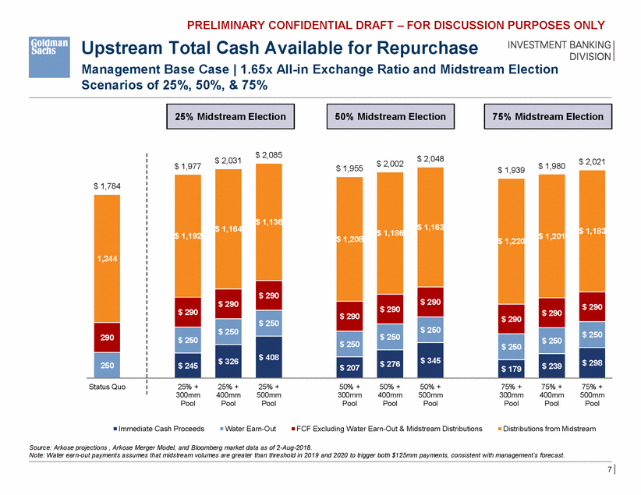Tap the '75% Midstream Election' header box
pyautogui.click(x=548, y=117)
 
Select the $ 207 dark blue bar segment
pyautogui.click(x=349, y=365)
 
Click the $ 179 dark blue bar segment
pyautogui.click(x=511, y=367)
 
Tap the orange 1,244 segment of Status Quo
pyautogui.click(x=107, y=258)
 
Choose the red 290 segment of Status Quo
pyautogui.click(x=107, y=338)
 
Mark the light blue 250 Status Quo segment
pyautogui.click(x=107, y=364)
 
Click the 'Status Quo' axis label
pyautogui.click(x=107, y=387)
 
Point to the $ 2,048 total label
pyautogui.click(x=430, y=158)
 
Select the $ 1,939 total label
pyautogui.click(x=511, y=170)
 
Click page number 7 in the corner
pyautogui.click(x=609, y=471)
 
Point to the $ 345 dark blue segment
pyautogui.click(x=430, y=360)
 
